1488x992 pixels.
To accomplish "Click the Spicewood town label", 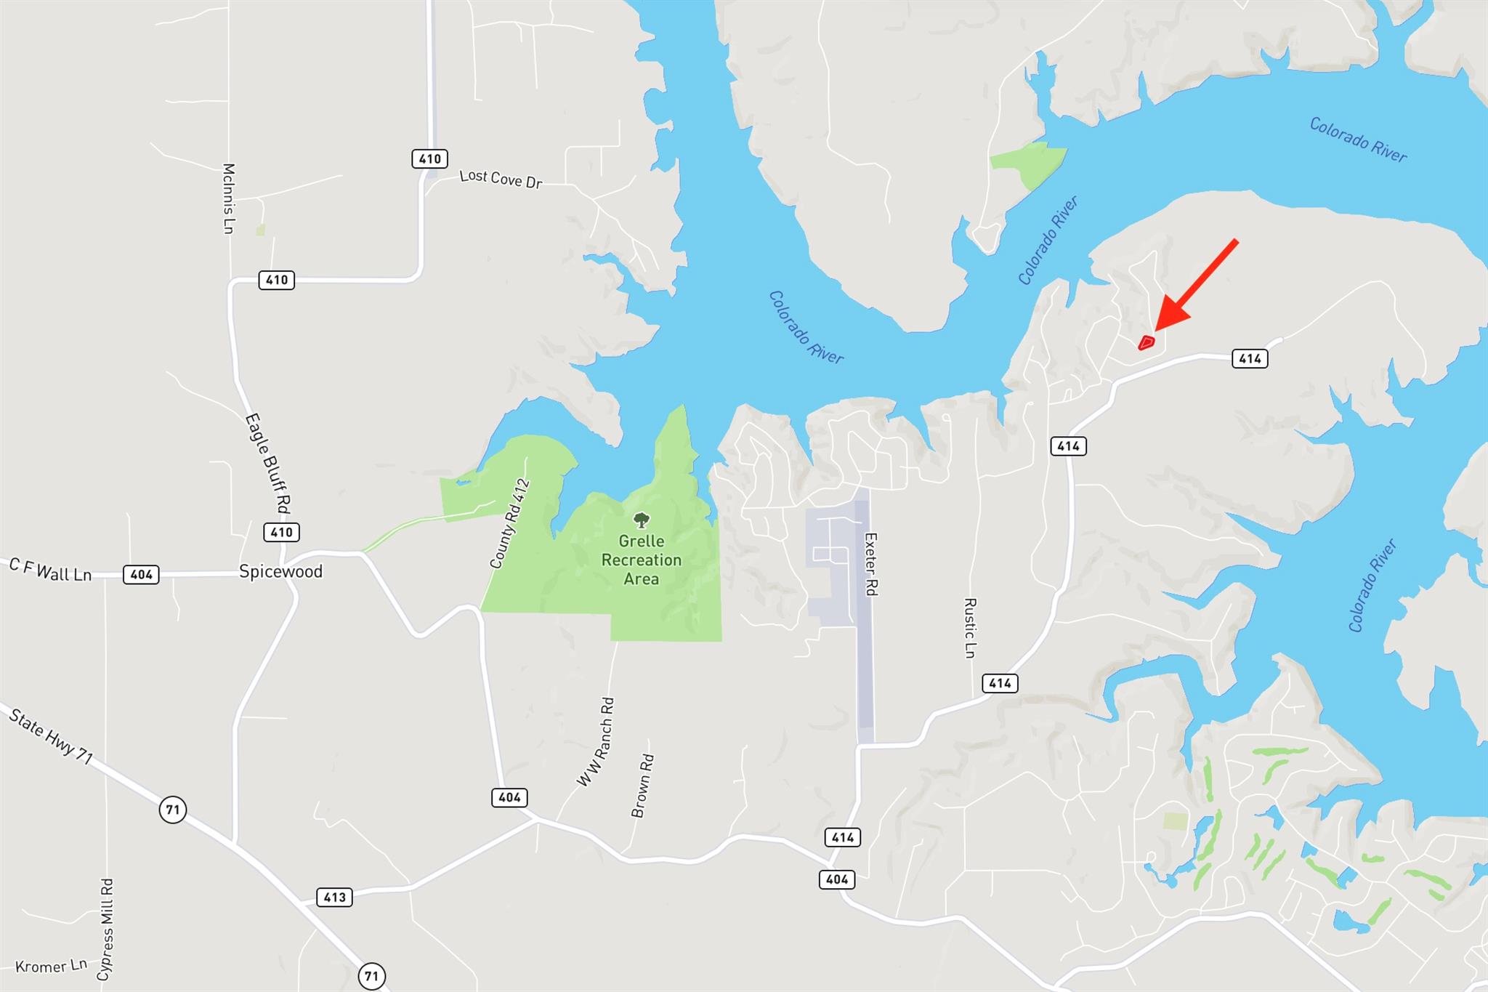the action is point(280,572).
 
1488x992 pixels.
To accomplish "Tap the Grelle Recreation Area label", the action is point(641,560).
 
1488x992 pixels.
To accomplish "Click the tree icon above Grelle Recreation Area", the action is point(641,520).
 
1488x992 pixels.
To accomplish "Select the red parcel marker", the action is point(1147,342).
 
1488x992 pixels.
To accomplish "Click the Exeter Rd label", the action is point(870,564).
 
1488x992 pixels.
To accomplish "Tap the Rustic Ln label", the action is point(969,628).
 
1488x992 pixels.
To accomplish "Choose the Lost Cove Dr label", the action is point(501,179).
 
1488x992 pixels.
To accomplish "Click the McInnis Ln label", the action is point(228,198).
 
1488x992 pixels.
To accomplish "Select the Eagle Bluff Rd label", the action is point(268,463).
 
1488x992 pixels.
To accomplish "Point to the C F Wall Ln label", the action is point(50,570).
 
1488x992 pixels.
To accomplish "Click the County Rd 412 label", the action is point(509,523).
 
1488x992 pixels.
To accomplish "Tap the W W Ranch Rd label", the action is point(596,742).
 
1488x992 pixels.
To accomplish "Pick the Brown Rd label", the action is point(643,786).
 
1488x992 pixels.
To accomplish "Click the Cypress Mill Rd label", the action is point(106,930).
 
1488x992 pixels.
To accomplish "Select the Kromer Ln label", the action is point(51,967).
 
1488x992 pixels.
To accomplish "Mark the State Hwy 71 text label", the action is point(51,736).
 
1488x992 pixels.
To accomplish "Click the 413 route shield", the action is point(334,897).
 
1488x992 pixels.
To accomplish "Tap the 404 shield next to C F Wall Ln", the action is point(141,575).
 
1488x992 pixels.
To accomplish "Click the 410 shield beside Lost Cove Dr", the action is point(429,158).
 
